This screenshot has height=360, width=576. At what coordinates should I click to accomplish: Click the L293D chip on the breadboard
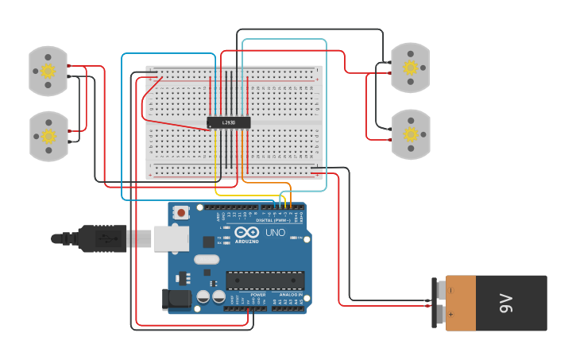(229, 122)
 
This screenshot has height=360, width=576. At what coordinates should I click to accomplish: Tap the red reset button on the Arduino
(182, 212)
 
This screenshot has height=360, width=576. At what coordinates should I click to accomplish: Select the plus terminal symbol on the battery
(450, 315)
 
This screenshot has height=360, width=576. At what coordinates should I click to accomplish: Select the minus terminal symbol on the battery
(450, 290)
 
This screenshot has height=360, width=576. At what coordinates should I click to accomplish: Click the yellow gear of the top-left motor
(48, 71)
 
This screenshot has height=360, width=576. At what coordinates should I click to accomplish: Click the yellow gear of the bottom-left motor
(48, 136)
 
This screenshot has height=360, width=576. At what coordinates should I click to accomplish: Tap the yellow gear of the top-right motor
(410, 68)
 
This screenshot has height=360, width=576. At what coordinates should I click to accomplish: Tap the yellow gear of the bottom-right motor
(410, 134)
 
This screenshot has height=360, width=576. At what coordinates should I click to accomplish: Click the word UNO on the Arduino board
(275, 233)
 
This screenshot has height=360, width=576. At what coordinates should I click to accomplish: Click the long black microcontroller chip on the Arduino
(265, 280)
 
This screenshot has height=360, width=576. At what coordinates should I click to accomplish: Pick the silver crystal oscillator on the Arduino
(206, 259)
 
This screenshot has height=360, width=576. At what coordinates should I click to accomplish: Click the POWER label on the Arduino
(258, 294)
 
